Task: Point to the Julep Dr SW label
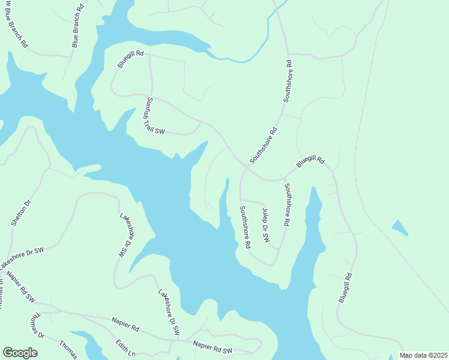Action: point(265,225)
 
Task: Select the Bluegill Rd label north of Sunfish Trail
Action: point(131,61)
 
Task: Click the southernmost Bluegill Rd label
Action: point(344,287)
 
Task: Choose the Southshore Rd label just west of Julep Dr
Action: point(245,227)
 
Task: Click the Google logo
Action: point(20,352)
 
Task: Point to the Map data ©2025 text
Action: point(423,355)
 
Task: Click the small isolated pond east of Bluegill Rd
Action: point(400,227)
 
